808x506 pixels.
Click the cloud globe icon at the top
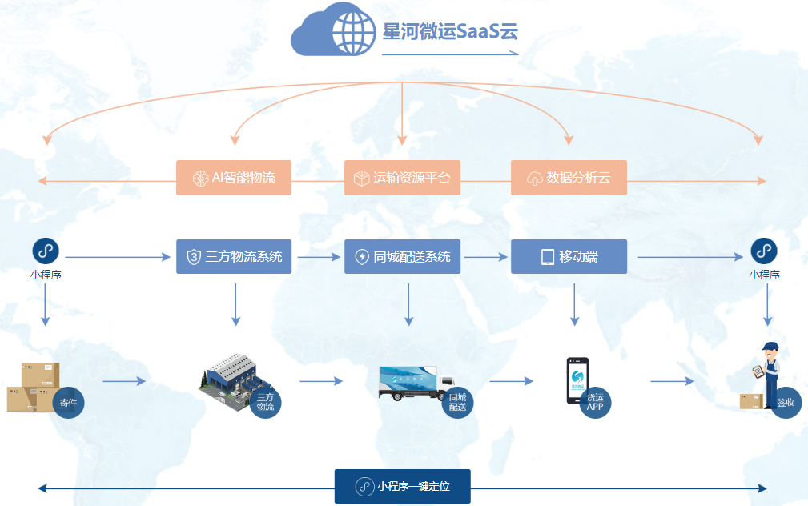click(x=334, y=31)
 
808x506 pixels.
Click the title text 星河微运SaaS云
click(x=450, y=31)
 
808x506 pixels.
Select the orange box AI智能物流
click(x=234, y=178)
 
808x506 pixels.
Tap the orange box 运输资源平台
click(x=402, y=178)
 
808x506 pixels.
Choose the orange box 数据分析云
click(x=569, y=178)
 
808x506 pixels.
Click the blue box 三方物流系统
click(x=234, y=257)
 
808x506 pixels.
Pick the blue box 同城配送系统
click(x=402, y=257)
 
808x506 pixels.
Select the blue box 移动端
click(x=569, y=257)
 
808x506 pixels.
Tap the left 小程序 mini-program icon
click(x=46, y=251)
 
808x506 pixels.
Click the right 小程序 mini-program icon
click(x=763, y=251)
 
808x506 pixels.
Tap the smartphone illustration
click(x=577, y=379)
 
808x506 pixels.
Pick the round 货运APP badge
click(x=594, y=402)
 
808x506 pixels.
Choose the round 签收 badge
click(x=785, y=403)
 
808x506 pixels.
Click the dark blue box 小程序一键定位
click(x=402, y=487)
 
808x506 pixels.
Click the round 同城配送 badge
click(x=457, y=402)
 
